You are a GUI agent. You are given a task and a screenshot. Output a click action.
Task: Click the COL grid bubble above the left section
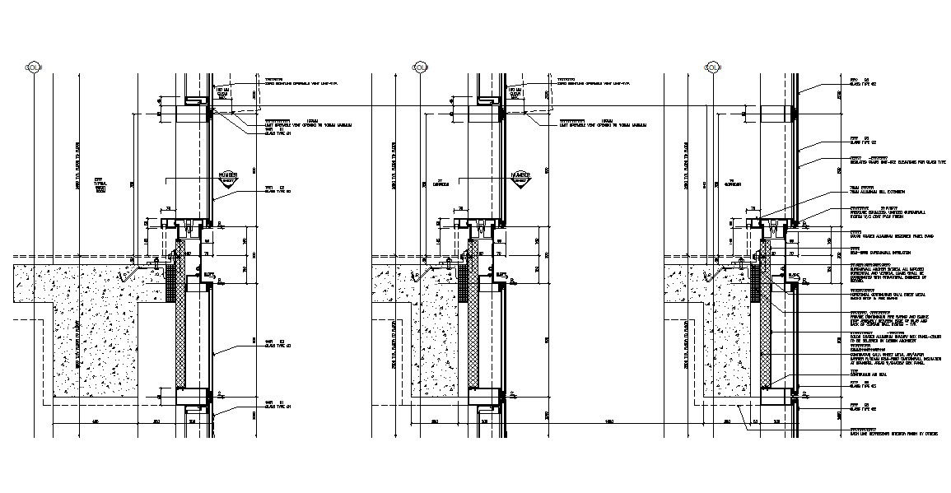click(33, 67)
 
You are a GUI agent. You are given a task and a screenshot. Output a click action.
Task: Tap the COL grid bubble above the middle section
click(419, 67)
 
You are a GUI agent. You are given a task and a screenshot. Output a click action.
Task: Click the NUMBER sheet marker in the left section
click(228, 178)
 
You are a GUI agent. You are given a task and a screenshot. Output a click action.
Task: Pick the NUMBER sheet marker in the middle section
click(520, 178)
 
